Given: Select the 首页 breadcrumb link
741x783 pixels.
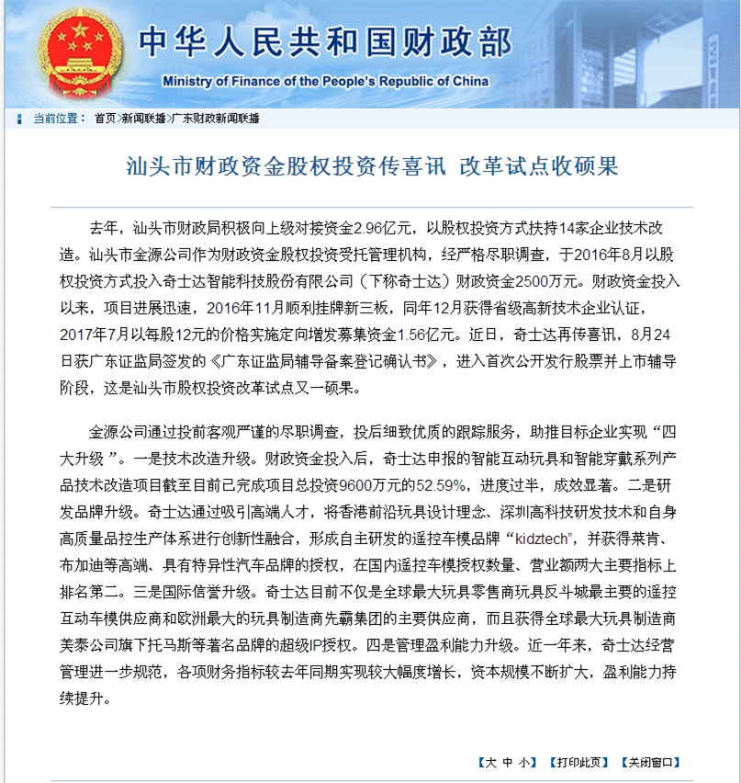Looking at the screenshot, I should pos(106,119).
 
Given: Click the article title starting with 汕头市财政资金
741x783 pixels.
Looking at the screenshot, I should pos(372,166).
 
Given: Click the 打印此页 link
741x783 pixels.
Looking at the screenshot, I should pos(579,763).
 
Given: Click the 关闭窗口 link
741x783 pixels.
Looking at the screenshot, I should pos(651,763).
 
